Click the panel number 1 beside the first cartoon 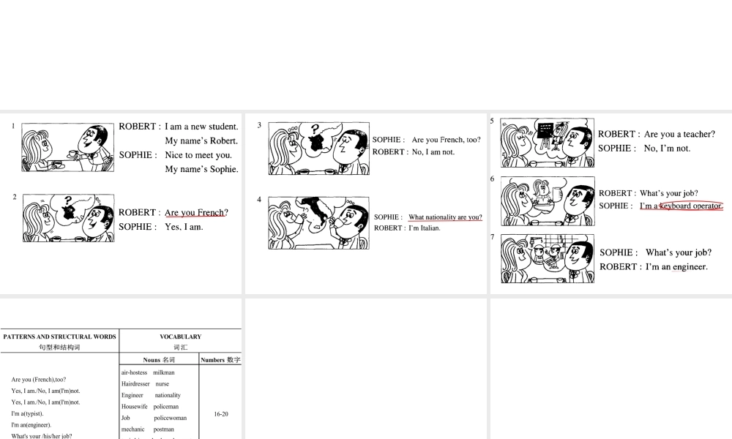point(13,127)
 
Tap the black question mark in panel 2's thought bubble point(67,200)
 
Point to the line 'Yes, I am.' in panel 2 point(184,227)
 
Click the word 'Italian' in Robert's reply point(427,228)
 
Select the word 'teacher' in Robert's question point(695,135)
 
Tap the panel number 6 point(493,179)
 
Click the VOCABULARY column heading point(180,337)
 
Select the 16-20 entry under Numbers point(221,414)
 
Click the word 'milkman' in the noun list point(164,372)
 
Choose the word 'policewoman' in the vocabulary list point(170,418)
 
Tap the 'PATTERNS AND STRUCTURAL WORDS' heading point(59,337)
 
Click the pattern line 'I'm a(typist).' point(28,413)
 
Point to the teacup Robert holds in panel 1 point(73,154)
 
